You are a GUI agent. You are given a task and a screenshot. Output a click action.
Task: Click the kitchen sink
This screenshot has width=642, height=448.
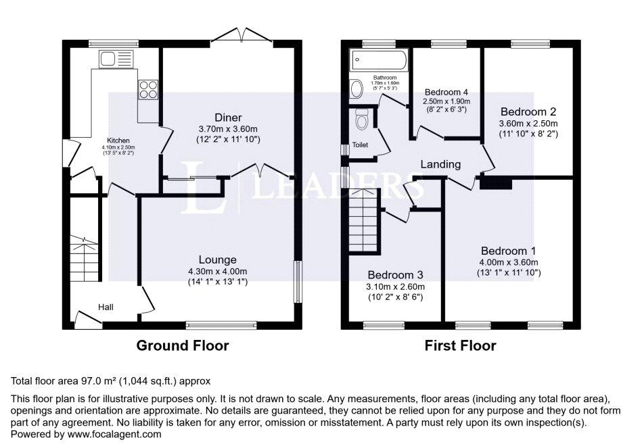coord(116,59)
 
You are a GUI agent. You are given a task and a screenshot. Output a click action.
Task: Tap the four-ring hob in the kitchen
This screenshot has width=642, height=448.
coord(148,89)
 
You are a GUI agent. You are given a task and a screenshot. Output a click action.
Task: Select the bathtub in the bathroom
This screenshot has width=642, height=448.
coord(379,60)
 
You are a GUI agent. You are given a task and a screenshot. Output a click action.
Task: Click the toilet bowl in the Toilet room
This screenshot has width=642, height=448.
coord(362,119)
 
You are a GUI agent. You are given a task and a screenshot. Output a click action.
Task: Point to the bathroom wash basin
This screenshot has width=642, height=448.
coord(357,89)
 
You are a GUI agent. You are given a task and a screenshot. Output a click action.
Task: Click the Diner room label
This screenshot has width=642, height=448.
coord(228,118)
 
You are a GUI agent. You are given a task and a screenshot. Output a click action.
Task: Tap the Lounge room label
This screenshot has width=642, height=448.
coord(217,259)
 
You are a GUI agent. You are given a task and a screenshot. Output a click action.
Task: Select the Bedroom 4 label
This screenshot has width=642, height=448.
coord(446,92)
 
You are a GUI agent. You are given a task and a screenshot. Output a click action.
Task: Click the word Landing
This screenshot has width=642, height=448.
coord(440,164)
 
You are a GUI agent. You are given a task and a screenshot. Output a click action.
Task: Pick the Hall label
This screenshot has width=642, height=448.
coord(106,307)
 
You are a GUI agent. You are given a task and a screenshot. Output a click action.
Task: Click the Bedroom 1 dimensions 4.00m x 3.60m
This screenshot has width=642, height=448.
coord(509,263)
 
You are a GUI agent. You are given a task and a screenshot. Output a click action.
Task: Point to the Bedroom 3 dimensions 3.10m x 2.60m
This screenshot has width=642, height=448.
coord(396,287)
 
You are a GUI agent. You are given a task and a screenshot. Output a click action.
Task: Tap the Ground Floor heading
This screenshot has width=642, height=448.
coord(183,346)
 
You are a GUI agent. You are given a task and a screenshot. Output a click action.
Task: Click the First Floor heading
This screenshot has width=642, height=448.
coord(460,346)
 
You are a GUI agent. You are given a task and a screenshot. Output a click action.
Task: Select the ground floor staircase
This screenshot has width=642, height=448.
coord(85,257)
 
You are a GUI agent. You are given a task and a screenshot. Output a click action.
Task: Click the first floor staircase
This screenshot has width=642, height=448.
coord(364,220)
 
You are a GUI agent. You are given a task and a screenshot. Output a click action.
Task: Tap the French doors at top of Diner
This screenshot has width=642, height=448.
coord(242,35)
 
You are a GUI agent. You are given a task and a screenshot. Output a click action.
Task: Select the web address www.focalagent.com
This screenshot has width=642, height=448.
coord(114,434)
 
